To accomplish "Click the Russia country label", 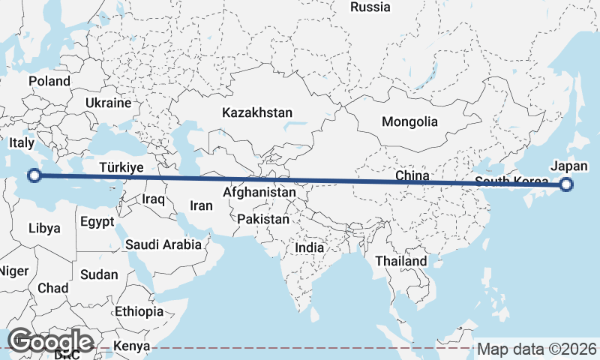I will pos(370,7).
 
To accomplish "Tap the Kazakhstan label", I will pos(256,112).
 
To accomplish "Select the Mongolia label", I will pos(409,121).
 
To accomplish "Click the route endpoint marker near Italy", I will pos(34,176).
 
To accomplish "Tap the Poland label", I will pos(49,81).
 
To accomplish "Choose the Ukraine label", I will pos(108,103).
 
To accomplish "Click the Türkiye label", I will pos(121,167).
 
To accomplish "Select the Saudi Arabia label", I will pos(163,244).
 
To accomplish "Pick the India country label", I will pos(310,247).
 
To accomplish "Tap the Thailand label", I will pos(401,261).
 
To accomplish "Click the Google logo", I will pos(50,340).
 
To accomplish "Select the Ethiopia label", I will pos(139,310).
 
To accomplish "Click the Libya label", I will pos(44,228).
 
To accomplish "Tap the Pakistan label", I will pos(263,220).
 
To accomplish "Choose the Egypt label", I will pos(97,222).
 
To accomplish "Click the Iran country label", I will pos(201,205).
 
